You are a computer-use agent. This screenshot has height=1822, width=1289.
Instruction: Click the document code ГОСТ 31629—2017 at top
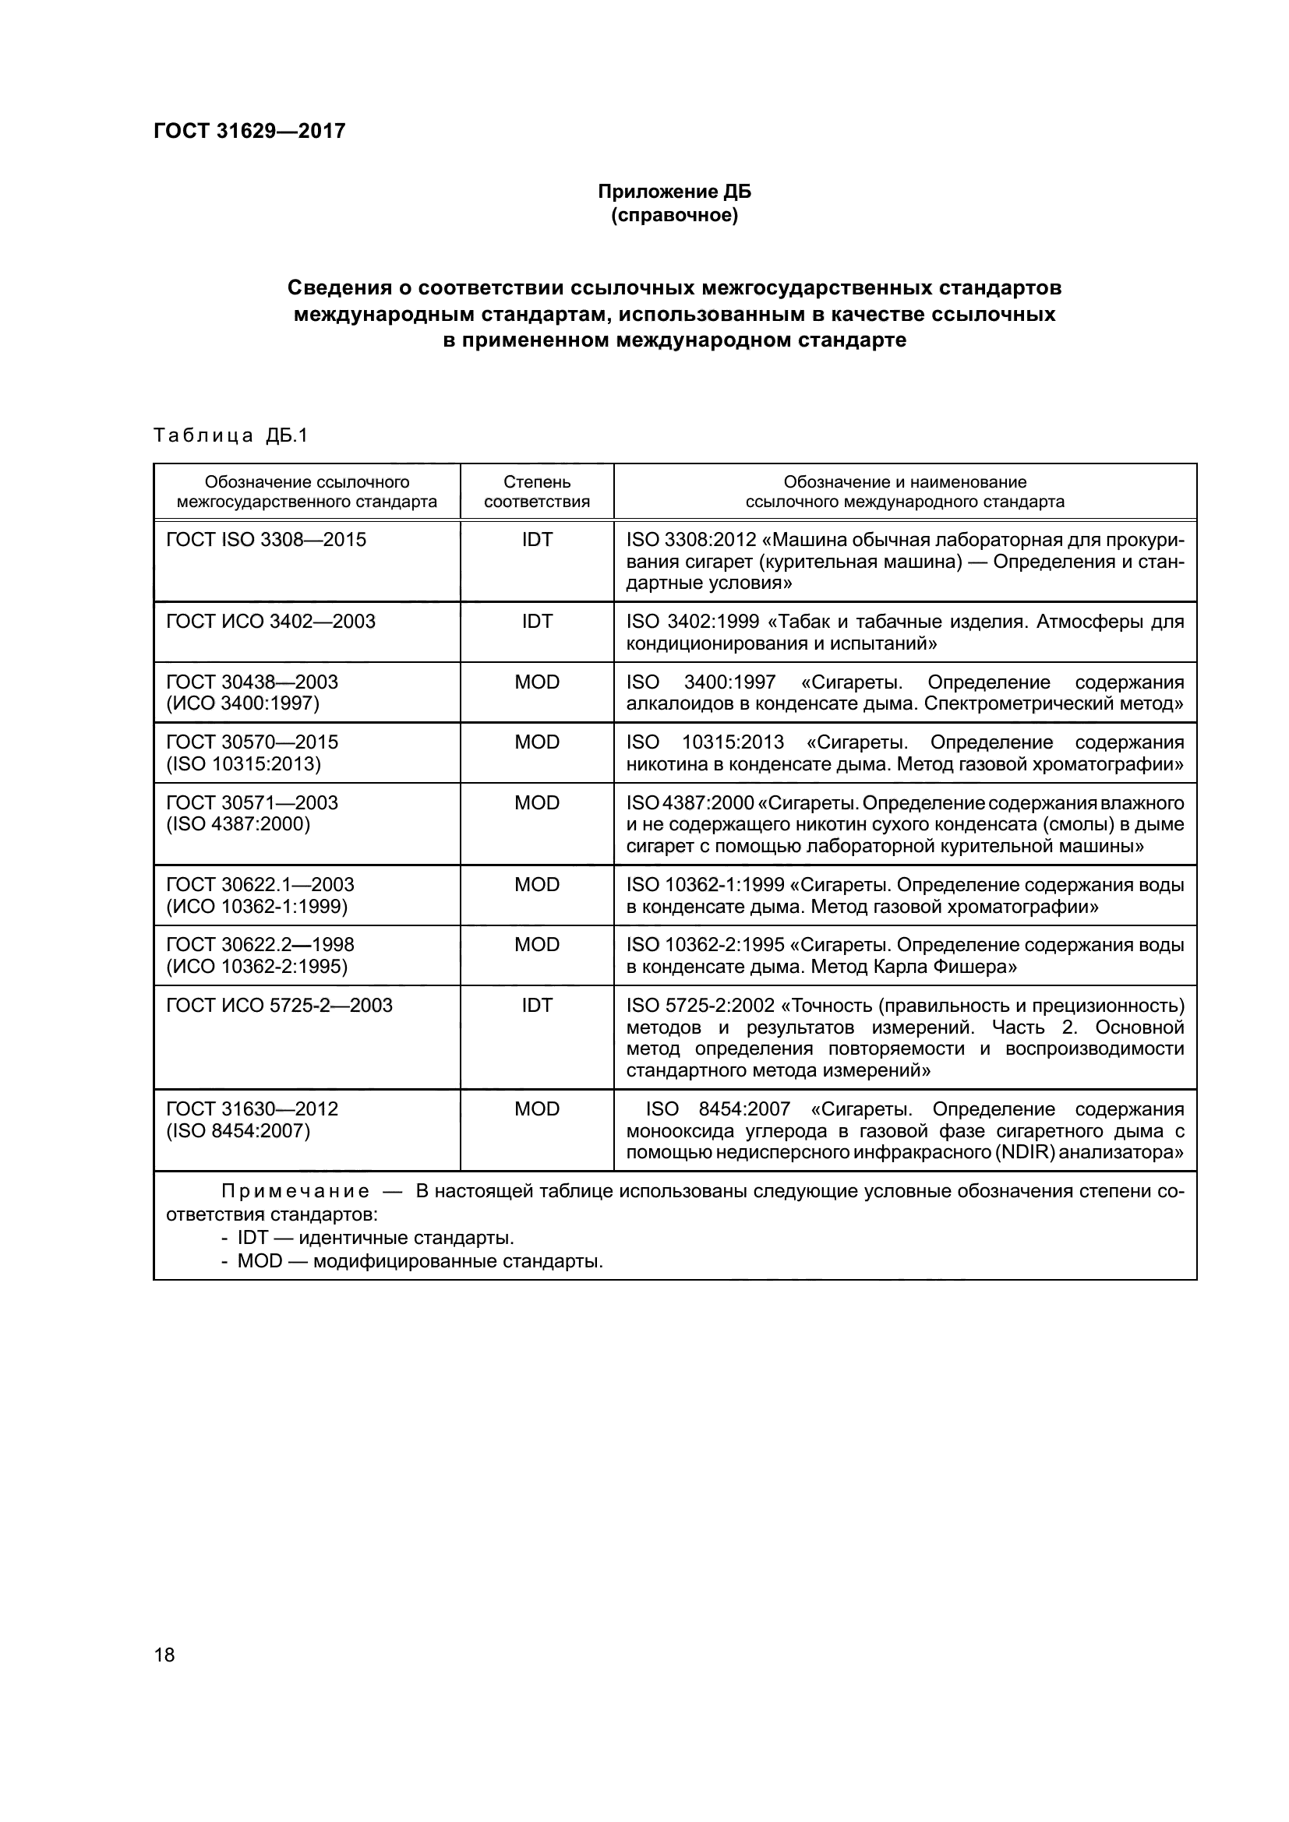(x=249, y=131)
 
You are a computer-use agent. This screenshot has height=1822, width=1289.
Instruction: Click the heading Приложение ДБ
(x=674, y=192)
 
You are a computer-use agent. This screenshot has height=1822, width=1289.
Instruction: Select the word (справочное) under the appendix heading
(x=674, y=215)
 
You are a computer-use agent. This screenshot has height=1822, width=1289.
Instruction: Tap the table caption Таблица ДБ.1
(x=230, y=435)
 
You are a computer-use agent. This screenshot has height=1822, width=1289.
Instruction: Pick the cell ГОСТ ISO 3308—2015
(x=266, y=540)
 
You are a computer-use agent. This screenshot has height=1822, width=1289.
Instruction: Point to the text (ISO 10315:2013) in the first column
(x=243, y=763)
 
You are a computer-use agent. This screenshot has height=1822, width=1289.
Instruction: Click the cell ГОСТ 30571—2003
(x=252, y=802)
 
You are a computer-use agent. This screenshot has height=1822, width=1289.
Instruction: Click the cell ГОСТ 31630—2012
(x=252, y=1108)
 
